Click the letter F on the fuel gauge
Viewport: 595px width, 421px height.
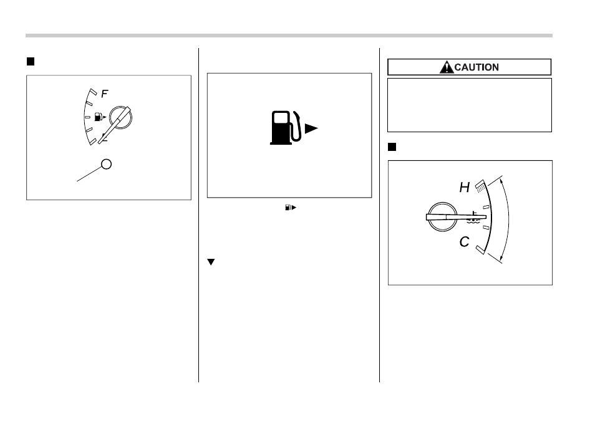(x=105, y=94)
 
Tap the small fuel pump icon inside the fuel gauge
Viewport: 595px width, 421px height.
(x=98, y=117)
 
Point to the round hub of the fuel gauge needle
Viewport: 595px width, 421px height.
(x=120, y=117)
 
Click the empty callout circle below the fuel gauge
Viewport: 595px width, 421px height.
(x=107, y=164)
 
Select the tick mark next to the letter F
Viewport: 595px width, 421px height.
(x=92, y=92)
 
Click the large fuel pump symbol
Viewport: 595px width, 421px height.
(x=286, y=128)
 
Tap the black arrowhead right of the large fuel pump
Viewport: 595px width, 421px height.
(x=311, y=128)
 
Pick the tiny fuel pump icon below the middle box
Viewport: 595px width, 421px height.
(x=288, y=207)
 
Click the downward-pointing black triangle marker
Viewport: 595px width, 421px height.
(x=211, y=262)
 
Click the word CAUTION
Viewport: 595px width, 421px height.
(x=476, y=67)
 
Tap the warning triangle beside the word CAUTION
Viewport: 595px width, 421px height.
(x=447, y=67)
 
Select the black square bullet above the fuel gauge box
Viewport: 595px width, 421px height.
(x=31, y=62)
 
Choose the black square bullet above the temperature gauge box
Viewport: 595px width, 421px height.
(x=392, y=147)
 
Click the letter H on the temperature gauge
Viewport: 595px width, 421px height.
(x=465, y=187)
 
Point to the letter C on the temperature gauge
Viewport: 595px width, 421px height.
(x=465, y=241)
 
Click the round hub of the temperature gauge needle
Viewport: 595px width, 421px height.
(x=442, y=217)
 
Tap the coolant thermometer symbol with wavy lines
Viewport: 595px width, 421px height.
(x=473, y=217)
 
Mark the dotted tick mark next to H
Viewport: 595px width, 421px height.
(x=480, y=186)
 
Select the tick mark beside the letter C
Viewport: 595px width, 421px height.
(x=480, y=249)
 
